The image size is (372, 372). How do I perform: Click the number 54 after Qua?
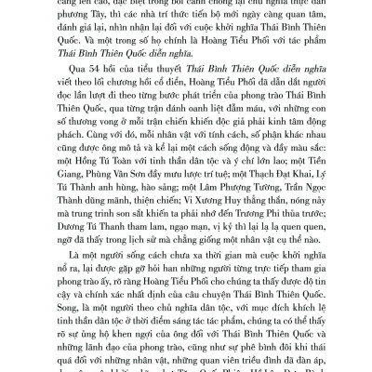(88, 81)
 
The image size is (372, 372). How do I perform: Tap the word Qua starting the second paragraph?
(70, 81)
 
